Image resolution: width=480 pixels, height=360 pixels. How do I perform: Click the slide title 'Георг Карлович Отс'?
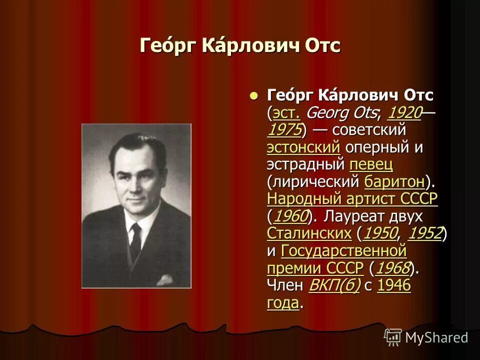click(x=240, y=46)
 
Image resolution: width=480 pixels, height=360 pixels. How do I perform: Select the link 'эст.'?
click(x=286, y=113)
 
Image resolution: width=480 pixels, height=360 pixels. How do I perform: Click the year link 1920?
click(x=404, y=113)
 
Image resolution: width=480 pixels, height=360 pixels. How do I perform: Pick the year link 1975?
click(x=284, y=130)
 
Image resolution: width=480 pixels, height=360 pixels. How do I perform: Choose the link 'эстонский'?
click(x=303, y=147)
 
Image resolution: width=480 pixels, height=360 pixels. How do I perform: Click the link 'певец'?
click(x=371, y=164)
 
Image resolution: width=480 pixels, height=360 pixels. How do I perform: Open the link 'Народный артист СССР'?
click(x=352, y=199)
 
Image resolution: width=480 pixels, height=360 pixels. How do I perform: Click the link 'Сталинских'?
click(x=309, y=233)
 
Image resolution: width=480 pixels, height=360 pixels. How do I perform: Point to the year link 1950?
click(x=380, y=233)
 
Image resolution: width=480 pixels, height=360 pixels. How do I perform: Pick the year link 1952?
click(x=425, y=233)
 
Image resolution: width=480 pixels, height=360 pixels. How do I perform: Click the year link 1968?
click(x=393, y=268)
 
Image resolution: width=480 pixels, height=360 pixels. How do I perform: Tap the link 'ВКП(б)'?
click(x=334, y=286)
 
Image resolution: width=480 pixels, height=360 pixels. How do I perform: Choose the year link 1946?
click(x=394, y=286)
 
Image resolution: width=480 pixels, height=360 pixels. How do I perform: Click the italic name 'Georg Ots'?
click(x=341, y=113)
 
